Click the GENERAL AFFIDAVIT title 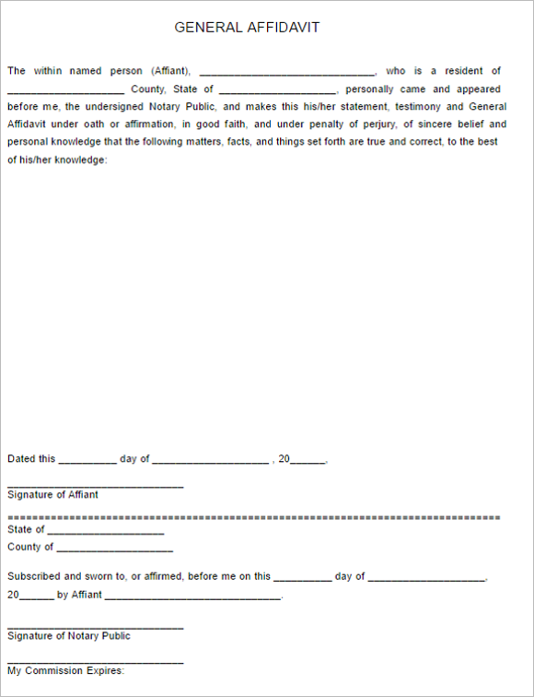pyautogui.click(x=247, y=28)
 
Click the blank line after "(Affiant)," pyautogui.click(x=286, y=73)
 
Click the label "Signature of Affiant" pyautogui.click(x=52, y=495)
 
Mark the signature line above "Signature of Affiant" pyautogui.click(x=95, y=486)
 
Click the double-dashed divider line pyautogui.click(x=253, y=518)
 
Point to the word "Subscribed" pyautogui.click(x=34, y=576)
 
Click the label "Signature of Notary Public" pyautogui.click(x=69, y=636)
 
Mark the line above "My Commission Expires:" pyautogui.click(x=95, y=662)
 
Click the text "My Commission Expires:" pyautogui.click(x=65, y=671)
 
